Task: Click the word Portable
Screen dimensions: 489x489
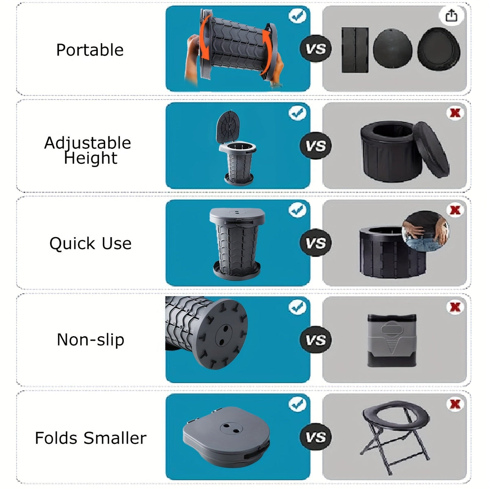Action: coord(90,50)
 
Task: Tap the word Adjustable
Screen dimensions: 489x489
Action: coord(88,143)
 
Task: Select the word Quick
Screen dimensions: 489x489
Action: coord(73,244)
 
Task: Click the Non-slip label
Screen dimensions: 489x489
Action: coord(90,340)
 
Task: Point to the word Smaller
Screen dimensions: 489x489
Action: coord(115,438)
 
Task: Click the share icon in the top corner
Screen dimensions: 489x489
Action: coord(452,16)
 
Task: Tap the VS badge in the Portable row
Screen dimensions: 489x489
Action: coord(316,48)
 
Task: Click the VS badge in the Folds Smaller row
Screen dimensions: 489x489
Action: coord(316,437)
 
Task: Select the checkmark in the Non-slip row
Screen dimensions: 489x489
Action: coord(297,307)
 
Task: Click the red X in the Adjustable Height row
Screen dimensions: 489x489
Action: coord(455,113)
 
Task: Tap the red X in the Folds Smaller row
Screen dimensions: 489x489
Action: coord(455,404)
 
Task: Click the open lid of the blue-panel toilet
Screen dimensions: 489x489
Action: coord(228,128)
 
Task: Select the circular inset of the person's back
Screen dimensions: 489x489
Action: coord(425,231)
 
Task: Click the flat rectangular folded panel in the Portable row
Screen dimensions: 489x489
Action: coord(355,50)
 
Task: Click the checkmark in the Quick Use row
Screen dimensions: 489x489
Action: coord(297,210)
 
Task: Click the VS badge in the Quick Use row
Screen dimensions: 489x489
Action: coord(316,242)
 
